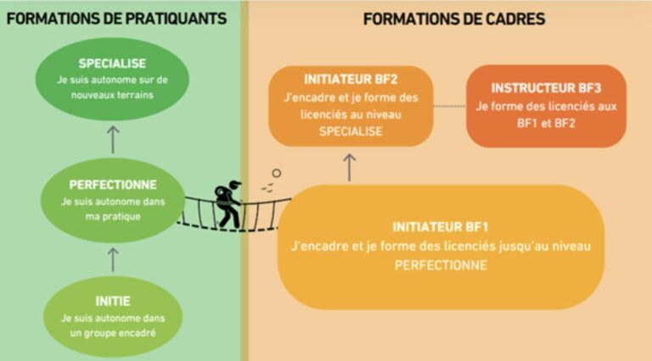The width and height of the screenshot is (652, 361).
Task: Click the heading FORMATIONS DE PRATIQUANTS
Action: tap(117, 19)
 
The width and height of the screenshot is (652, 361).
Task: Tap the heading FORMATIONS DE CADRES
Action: tap(454, 19)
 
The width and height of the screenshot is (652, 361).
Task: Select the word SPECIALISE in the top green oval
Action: tap(112, 64)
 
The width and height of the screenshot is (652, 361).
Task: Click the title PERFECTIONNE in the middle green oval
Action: tap(113, 185)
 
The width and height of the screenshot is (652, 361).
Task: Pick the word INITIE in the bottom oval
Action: tap(113, 301)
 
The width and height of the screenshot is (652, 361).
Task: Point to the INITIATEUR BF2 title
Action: tap(351, 80)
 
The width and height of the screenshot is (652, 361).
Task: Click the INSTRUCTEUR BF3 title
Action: tap(546, 88)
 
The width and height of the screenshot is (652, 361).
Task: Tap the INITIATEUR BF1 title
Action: tap(441, 227)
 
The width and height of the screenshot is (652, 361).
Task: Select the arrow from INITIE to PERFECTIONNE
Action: tap(113, 260)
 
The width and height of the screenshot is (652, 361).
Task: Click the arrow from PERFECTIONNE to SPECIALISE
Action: tap(113, 140)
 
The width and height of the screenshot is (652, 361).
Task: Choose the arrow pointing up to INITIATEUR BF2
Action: tap(349, 167)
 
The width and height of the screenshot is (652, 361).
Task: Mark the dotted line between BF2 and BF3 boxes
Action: tap(449, 106)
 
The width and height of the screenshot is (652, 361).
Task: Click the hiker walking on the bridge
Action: tap(228, 204)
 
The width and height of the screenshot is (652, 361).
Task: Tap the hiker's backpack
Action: tap(222, 194)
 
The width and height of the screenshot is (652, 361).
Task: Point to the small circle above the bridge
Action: tap(277, 173)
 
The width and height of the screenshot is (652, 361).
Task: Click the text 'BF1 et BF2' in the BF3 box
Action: tap(546, 123)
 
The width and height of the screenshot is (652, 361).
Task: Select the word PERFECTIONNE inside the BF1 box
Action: tap(441, 265)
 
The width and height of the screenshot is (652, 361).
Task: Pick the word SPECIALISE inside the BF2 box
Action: tap(351, 131)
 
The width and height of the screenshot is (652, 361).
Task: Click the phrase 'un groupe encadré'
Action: tap(113, 333)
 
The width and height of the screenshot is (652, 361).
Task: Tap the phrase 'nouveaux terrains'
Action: tap(112, 95)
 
